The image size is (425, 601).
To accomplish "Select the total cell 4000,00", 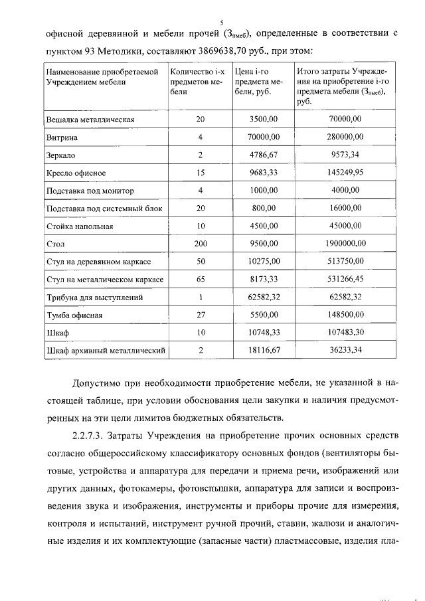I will click(345, 191).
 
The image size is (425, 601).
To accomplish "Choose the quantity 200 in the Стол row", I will click(200, 244).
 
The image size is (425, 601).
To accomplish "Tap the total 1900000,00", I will click(345, 244).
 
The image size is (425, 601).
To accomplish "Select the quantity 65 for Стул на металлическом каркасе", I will click(200, 280).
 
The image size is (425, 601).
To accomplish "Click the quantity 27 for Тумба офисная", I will click(200, 315).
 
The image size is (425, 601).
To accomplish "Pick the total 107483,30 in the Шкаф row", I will click(345, 333).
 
